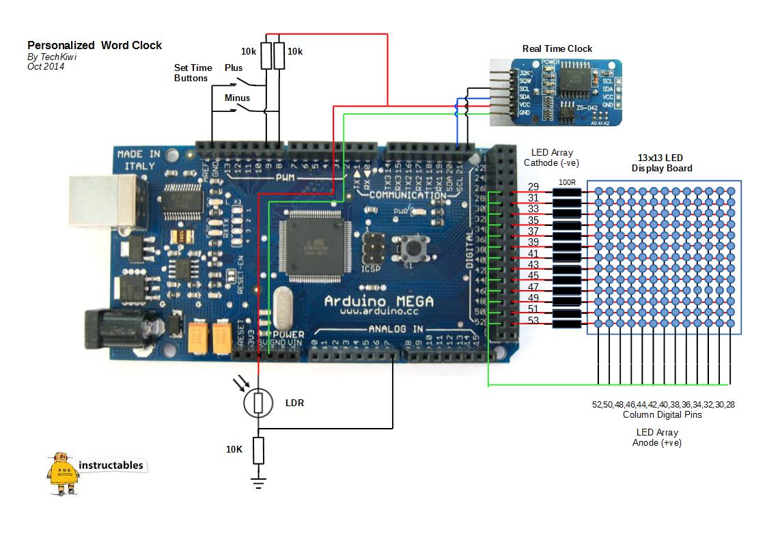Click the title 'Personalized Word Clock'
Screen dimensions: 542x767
(94, 46)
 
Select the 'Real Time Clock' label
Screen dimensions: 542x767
(557, 49)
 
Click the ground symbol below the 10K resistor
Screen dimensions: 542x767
(258, 483)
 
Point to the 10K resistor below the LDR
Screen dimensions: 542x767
(258, 450)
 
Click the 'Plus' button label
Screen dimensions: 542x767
(234, 68)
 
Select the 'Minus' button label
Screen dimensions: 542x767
(237, 98)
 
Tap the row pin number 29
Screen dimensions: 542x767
(533, 186)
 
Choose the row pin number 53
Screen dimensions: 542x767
(533, 320)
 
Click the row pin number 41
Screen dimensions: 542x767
(533, 253)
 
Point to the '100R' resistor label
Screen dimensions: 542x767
(567, 183)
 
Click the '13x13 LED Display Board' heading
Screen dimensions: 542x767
(662, 162)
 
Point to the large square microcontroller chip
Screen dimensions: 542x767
(318, 244)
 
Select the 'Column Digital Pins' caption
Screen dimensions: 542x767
(662, 415)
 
